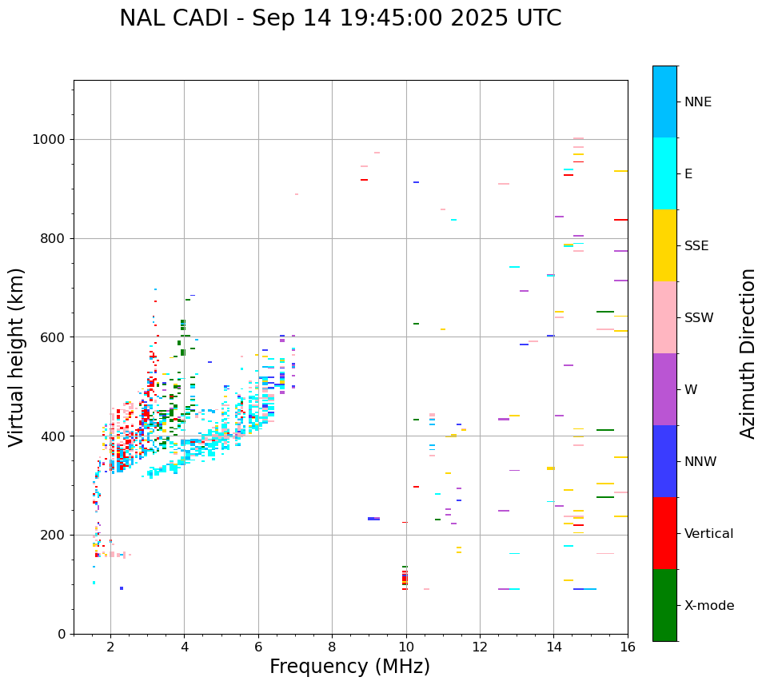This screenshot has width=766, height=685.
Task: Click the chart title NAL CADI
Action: pos(340,18)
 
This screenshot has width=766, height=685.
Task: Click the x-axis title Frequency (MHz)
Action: pos(349,667)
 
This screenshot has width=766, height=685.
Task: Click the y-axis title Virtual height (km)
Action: pos(17,357)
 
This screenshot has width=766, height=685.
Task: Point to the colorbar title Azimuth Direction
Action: pos(748,353)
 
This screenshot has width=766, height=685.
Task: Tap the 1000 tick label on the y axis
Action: pos(49,140)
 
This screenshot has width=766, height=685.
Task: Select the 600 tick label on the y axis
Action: pos(53,337)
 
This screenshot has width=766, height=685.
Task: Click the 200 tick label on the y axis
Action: pos(53,536)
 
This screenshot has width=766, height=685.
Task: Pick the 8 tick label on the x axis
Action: pos(332,647)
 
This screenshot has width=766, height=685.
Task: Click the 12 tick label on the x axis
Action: pos(480,647)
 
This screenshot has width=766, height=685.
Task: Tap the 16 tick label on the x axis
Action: pos(628,647)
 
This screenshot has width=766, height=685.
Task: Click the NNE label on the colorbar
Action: pos(697,102)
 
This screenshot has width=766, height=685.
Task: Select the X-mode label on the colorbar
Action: pos(708,606)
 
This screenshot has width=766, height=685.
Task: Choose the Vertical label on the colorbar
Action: pos(708,534)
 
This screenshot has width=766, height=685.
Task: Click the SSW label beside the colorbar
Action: pos(699,318)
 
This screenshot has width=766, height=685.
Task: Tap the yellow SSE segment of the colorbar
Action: pos(664,245)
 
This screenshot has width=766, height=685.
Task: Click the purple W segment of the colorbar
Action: pos(664,389)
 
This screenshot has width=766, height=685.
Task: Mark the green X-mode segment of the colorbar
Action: pos(664,605)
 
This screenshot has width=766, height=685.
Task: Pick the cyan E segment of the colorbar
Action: pos(664,173)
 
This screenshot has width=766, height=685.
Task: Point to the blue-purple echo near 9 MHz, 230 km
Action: pos(373,519)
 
